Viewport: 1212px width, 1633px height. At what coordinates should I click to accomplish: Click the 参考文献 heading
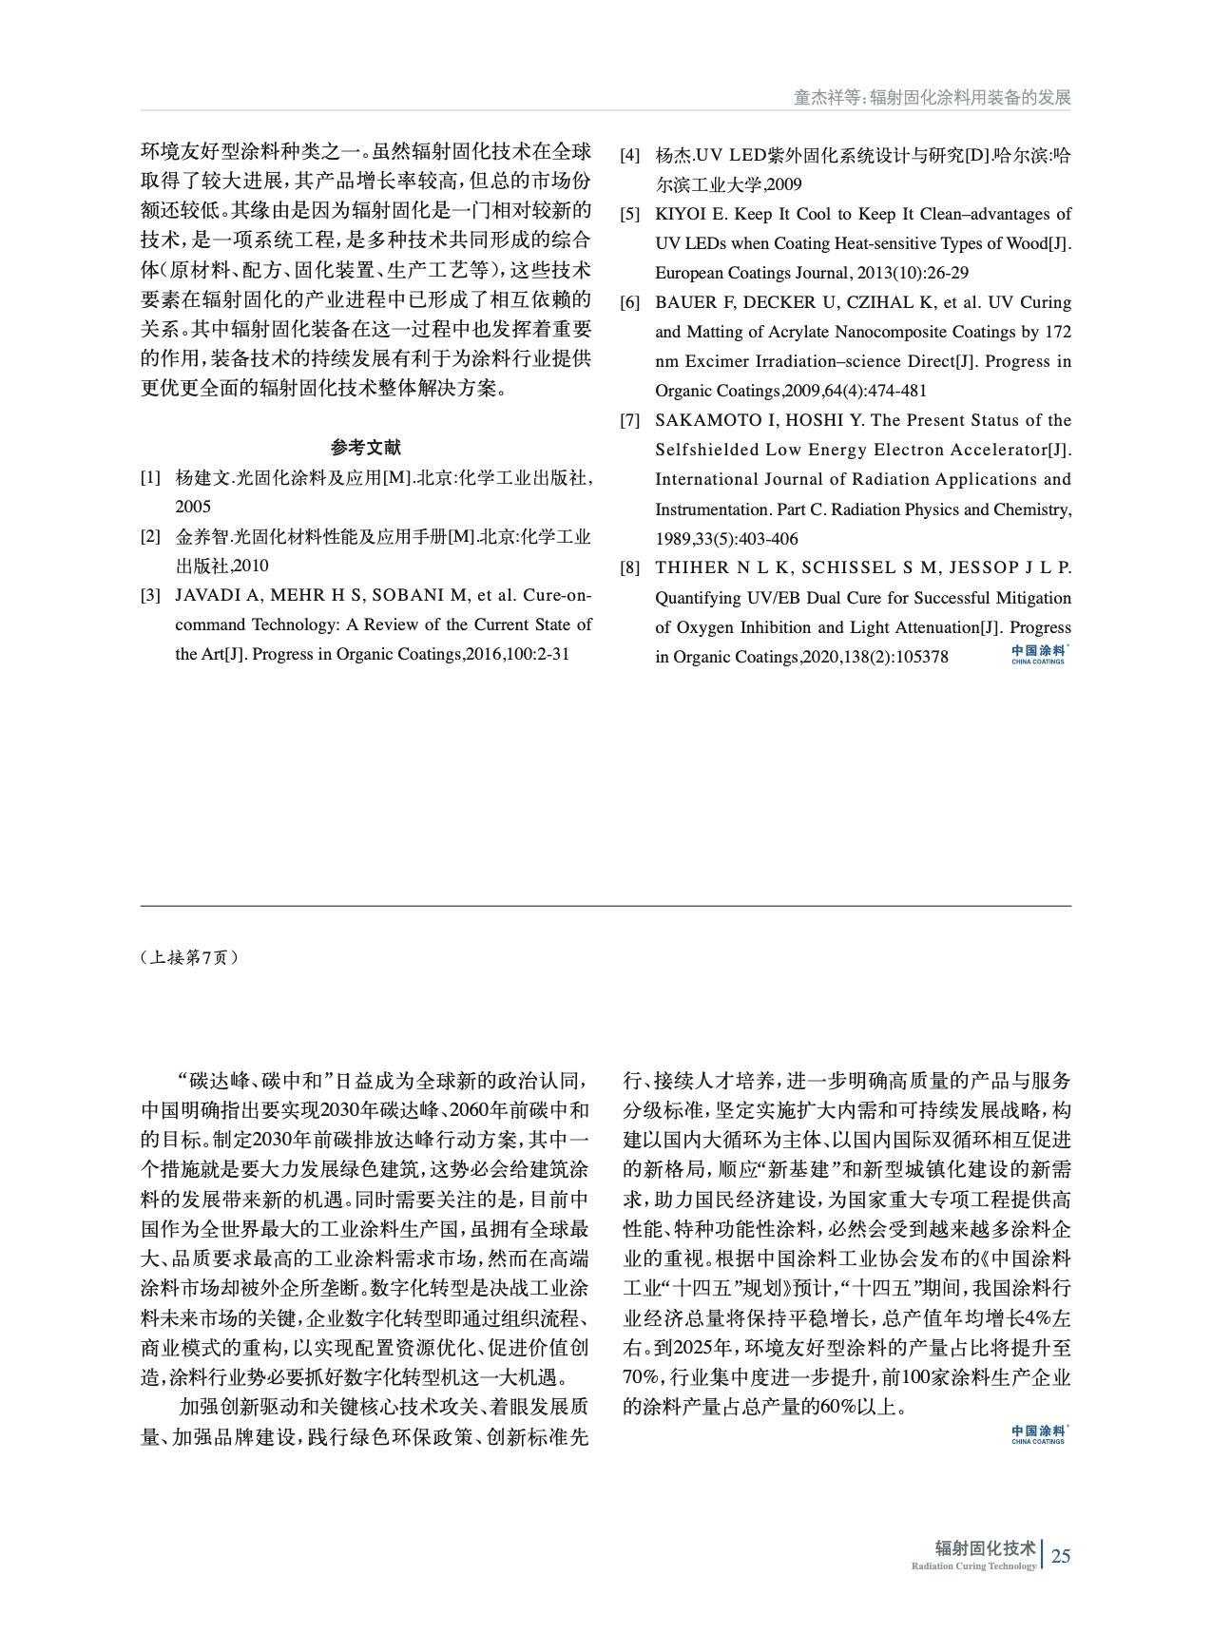click(x=366, y=448)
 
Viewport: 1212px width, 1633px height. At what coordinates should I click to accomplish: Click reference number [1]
click(x=150, y=477)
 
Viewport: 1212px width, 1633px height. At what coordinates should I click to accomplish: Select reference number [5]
click(x=629, y=214)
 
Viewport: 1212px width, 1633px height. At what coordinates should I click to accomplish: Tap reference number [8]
click(x=629, y=568)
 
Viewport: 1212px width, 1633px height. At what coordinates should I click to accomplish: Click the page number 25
click(x=1061, y=1556)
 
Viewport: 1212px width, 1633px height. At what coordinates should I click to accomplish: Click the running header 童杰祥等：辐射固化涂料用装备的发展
click(x=933, y=98)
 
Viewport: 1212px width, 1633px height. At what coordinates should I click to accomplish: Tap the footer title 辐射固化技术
click(x=985, y=1547)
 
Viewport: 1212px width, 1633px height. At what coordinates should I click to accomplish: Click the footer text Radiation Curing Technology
click(x=973, y=1566)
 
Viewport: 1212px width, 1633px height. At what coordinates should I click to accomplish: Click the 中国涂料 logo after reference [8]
click(x=1038, y=654)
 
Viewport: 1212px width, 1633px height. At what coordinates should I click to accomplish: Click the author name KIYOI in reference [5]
click(x=681, y=214)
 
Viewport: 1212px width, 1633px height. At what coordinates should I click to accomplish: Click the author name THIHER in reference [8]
click(x=691, y=568)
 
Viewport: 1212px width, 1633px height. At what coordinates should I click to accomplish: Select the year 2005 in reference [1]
click(x=193, y=507)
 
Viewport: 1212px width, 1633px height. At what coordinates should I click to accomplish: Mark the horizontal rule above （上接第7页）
click(x=606, y=906)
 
